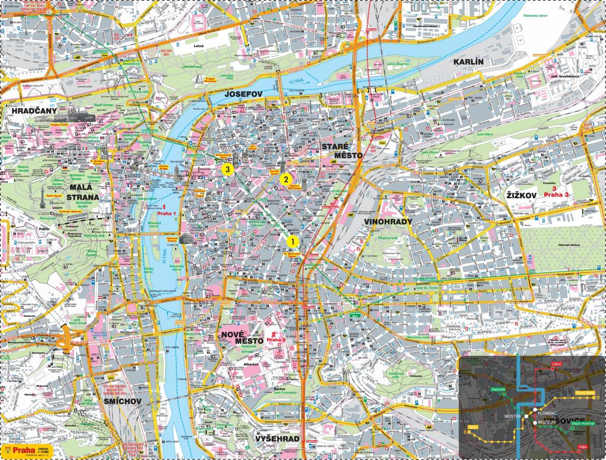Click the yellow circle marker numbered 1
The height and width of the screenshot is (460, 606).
point(291,241)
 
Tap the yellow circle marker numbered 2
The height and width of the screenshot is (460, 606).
point(285,178)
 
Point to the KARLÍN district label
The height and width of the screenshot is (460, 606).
point(468,62)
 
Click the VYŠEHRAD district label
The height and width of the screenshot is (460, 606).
point(277,438)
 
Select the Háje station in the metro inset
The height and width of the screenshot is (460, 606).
point(582,447)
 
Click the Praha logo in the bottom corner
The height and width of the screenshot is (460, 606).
point(20,449)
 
